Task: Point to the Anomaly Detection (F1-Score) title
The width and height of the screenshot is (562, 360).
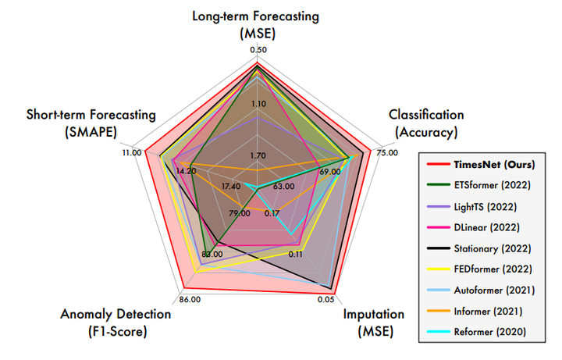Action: pyautogui.click(x=115, y=323)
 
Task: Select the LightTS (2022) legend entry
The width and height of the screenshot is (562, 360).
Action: pyautogui.click(x=484, y=206)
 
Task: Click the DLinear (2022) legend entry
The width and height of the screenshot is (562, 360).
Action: pyautogui.click(x=485, y=227)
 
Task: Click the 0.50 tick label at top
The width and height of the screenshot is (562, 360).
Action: pyautogui.click(x=258, y=50)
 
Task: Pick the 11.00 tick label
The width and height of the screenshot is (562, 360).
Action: pyautogui.click(x=131, y=153)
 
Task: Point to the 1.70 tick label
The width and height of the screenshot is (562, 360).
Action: pyautogui.click(x=258, y=156)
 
